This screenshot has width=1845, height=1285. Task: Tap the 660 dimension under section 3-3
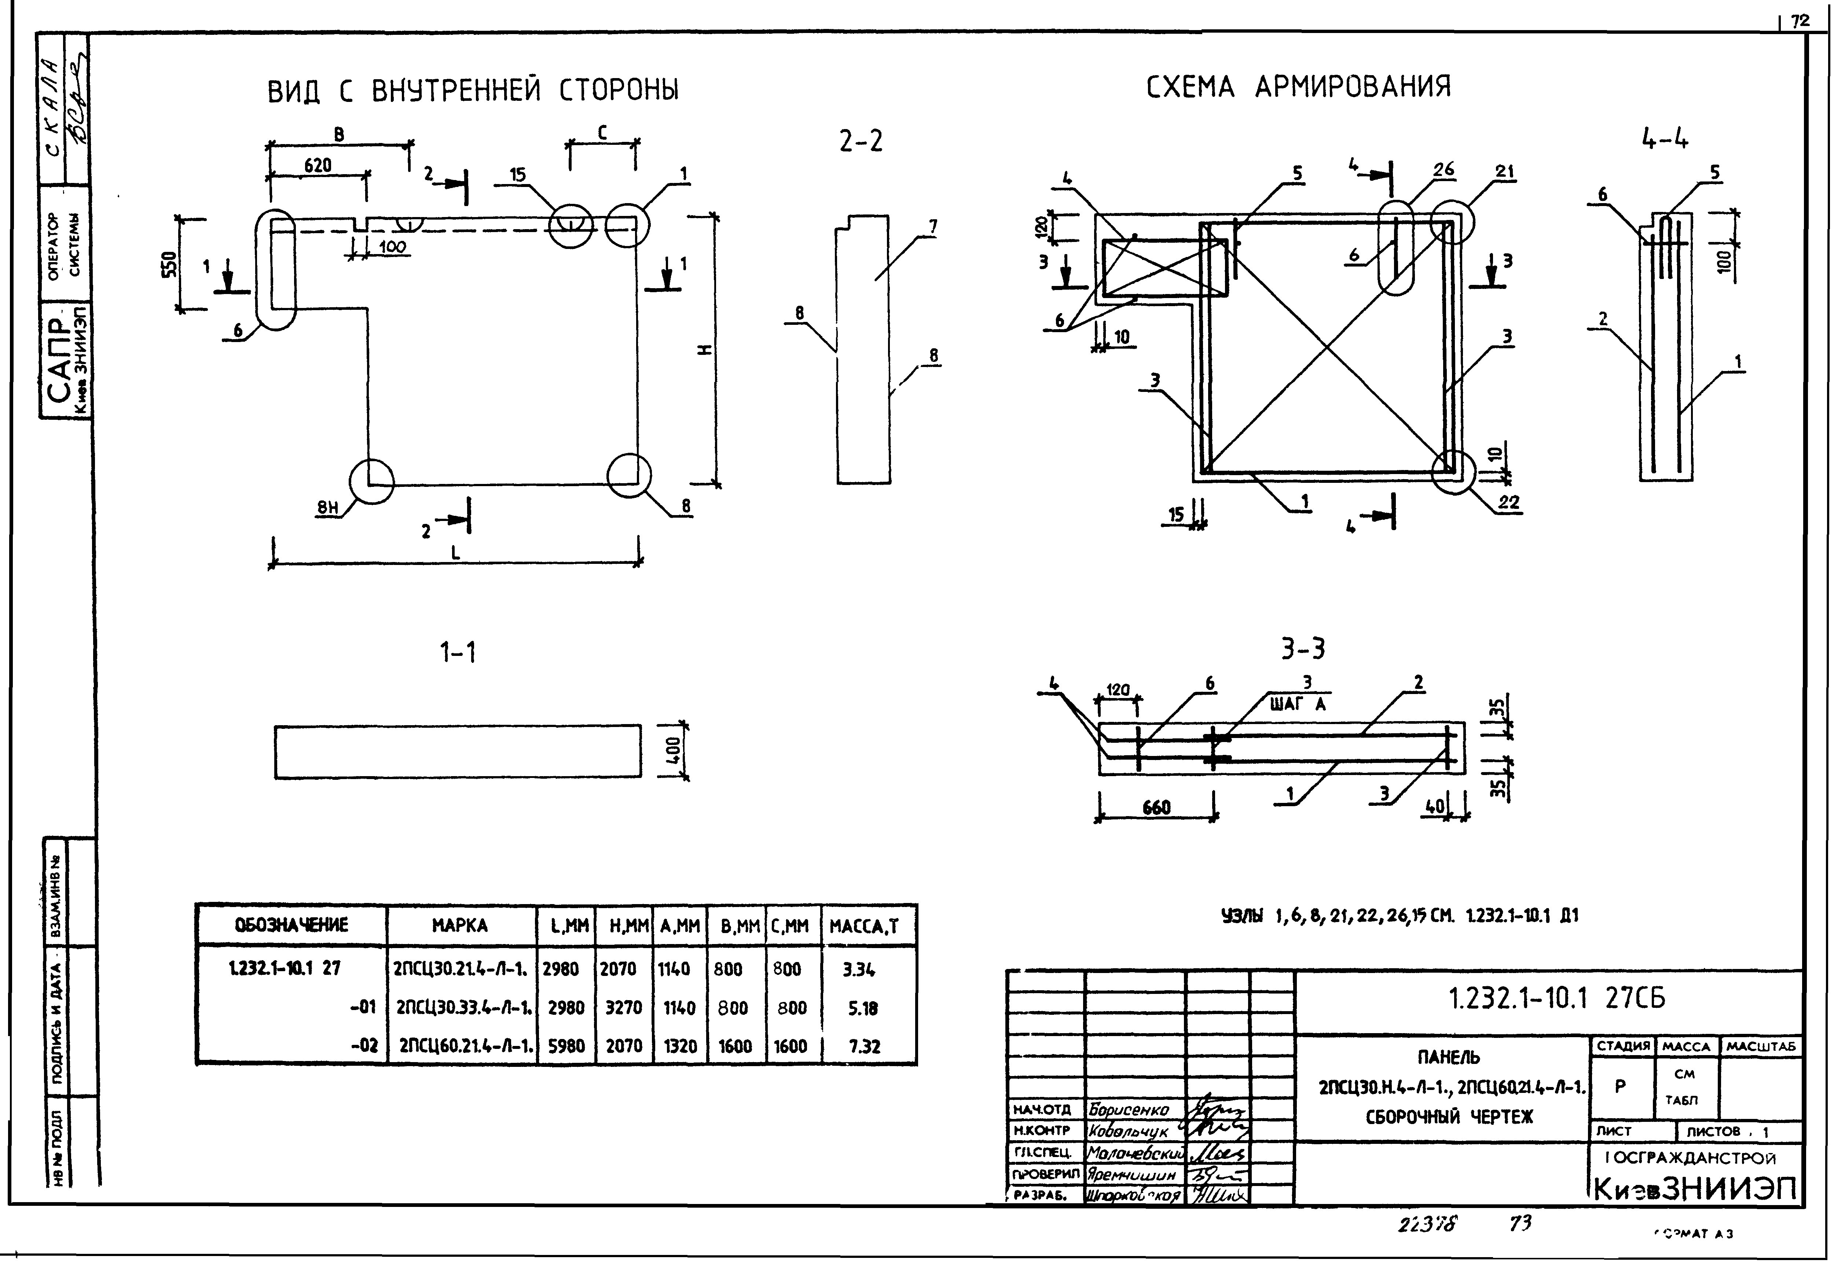1156,808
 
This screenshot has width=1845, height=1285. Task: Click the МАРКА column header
460,926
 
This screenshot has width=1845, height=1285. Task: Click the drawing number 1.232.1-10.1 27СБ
1556,998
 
